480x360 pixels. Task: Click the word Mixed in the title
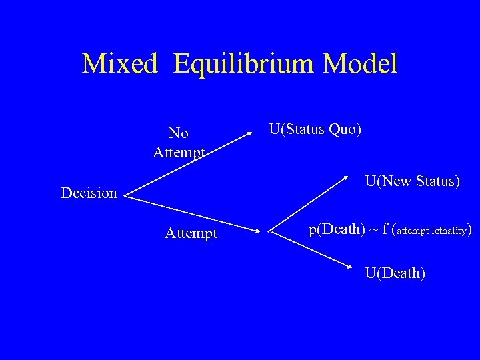120,64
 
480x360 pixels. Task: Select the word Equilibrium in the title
244,64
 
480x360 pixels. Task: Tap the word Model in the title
360,64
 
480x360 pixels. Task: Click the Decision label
89,193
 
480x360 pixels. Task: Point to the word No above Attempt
179,133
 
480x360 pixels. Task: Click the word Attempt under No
179,153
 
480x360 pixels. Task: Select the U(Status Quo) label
315,129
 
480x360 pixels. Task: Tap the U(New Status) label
412,181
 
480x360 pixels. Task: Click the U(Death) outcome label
395,273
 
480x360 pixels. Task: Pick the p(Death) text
337,230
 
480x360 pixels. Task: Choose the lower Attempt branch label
191,233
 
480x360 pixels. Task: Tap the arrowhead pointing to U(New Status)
347,177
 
